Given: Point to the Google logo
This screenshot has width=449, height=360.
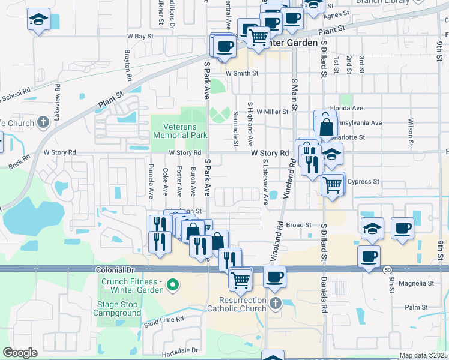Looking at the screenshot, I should (20, 353).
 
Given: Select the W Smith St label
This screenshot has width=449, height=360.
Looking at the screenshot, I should (242, 73).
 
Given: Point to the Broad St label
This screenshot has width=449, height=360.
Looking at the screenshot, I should (298, 225).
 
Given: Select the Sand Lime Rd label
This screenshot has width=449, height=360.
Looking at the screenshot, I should (159, 322).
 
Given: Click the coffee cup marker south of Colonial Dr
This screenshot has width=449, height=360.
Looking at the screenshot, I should (274, 277).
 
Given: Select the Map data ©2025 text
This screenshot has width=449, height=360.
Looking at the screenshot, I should (423, 355).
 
